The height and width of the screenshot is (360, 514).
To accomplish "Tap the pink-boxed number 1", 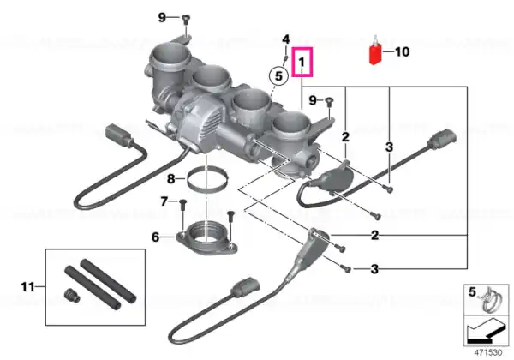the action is pos(302,62).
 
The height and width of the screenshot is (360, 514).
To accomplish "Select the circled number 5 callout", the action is pos(278,76).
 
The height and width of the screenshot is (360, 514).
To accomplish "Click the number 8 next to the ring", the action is pos(171,179).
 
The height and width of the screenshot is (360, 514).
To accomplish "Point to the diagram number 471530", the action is pos(488,352).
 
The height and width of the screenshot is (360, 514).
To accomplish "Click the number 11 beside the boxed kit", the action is pos(27,287).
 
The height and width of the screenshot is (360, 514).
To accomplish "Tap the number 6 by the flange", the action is pos(155,237).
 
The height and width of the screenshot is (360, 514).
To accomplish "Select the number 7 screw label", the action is pos(164,201).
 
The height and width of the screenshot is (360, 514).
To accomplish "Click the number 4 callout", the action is pos(286,39).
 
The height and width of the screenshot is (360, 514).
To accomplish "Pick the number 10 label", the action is pos(403,51).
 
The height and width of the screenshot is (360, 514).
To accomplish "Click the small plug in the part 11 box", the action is pos(71,295).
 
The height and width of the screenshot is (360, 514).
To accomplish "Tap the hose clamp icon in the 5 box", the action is pos(489,298).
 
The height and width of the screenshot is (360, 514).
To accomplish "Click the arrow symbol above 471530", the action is pos(486,332).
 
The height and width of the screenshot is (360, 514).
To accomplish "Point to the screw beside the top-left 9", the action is pos(186,25).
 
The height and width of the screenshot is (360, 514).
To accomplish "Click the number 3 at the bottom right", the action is pos(374,269).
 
